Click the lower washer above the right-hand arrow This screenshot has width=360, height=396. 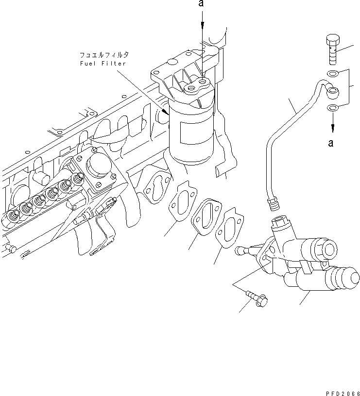pyautogui.click(x=332, y=107)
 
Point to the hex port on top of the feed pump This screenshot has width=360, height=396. pyautogui.click(x=281, y=224)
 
